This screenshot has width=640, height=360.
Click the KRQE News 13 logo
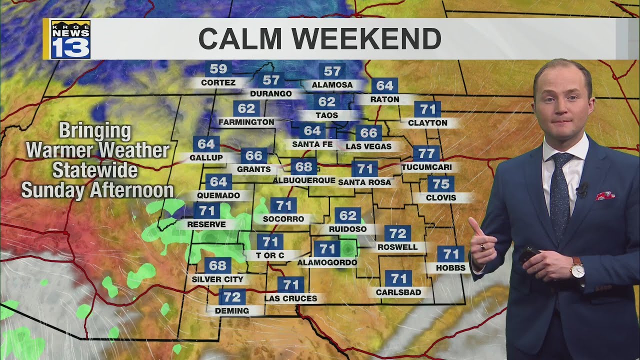pyautogui.click(x=70, y=39)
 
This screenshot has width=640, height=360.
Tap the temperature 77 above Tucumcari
pyautogui.click(x=426, y=153)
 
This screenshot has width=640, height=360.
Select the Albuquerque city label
pyautogui.click(x=304, y=180)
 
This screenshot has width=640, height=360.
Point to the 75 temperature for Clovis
pyautogui.click(x=441, y=183)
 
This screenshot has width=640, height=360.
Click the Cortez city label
pyautogui.click(x=218, y=82)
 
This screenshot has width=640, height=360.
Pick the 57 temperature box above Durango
pyautogui.click(x=271, y=80)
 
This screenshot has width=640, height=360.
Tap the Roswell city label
pyautogui.click(x=397, y=247)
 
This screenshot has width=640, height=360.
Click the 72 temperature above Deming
pyautogui.click(x=232, y=297)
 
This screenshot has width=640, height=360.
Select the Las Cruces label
pyautogui.click(x=290, y=298)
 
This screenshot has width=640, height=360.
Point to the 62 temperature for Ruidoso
pyautogui.click(x=347, y=216)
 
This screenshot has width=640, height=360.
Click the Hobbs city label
pyautogui.click(x=450, y=268)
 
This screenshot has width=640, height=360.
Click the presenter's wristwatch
pyautogui.click(x=577, y=269)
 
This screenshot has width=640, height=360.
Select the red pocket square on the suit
pyautogui.click(x=604, y=195)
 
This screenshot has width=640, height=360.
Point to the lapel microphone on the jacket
pyautogui.click(x=581, y=189)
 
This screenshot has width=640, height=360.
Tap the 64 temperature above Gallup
pyautogui.click(x=206, y=144)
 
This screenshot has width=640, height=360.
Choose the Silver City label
pyautogui.click(x=217, y=279)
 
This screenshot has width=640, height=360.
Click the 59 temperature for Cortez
pyautogui.click(x=218, y=69)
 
